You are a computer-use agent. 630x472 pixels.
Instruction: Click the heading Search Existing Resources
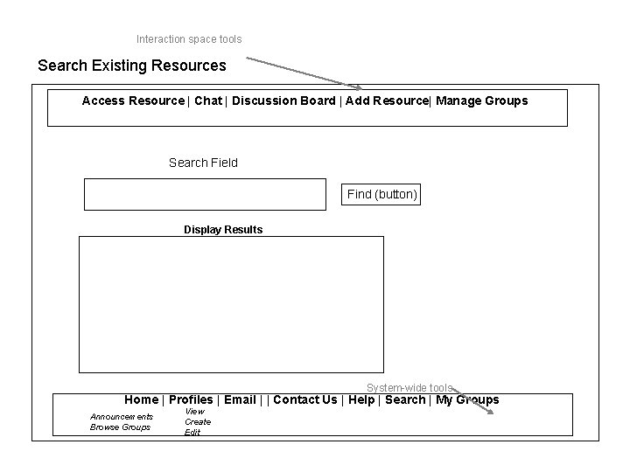(132, 66)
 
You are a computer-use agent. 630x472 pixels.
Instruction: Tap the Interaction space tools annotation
(189, 39)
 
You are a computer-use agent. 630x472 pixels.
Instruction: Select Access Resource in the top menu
(133, 101)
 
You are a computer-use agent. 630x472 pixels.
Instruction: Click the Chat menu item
(208, 101)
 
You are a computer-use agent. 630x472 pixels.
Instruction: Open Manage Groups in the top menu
(482, 101)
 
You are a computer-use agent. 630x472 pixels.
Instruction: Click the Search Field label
(203, 163)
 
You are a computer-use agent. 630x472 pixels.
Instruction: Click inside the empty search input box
(205, 194)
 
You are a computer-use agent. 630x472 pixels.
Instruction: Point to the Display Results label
(223, 230)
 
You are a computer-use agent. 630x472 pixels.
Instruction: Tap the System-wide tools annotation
(409, 388)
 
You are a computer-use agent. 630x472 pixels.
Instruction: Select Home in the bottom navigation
(141, 400)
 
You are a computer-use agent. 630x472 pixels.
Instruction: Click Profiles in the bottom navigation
(191, 400)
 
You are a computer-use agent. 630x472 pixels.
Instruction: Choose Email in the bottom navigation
(240, 400)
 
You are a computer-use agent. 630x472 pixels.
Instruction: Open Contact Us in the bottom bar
(305, 400)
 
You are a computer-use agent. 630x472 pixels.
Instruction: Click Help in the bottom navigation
(361, 400)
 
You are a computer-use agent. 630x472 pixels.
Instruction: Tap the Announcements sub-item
(122, 416)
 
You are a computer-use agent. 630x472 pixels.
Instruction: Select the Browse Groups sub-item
(121, 427)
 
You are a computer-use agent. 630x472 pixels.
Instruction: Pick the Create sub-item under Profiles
(198, 421)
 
